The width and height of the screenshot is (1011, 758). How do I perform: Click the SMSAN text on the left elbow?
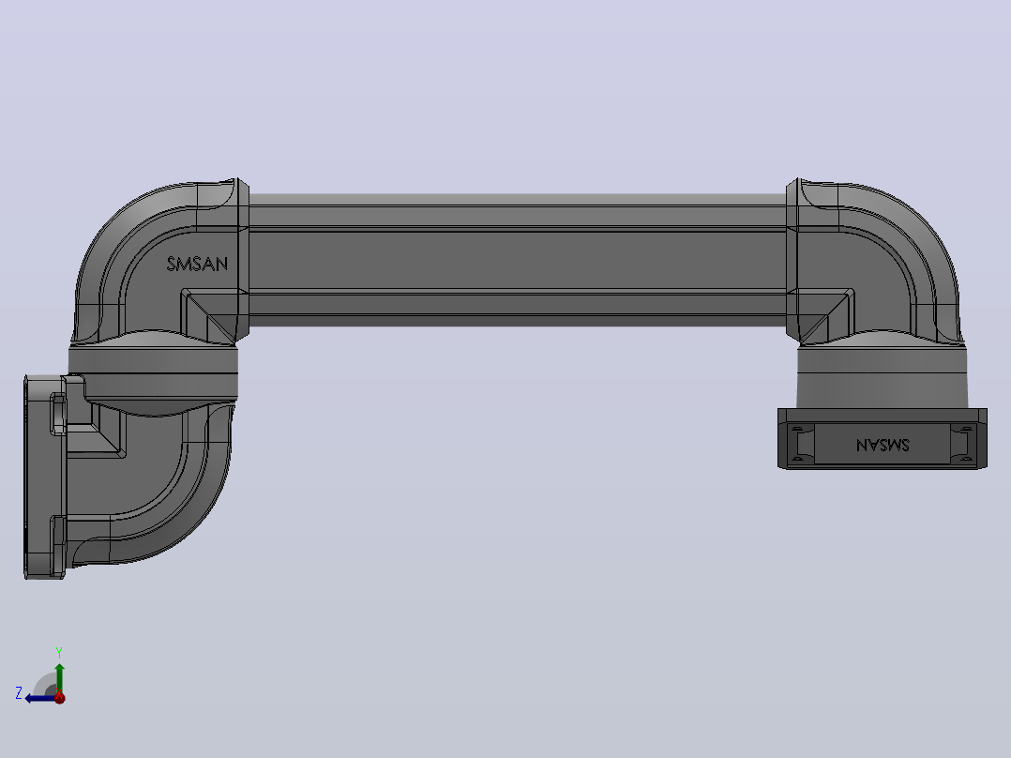[197, 264]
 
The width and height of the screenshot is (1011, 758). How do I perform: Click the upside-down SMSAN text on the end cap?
[883, 445]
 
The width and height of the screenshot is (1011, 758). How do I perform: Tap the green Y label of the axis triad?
[59, 652]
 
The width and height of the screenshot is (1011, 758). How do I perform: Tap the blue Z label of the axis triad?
[19, 693]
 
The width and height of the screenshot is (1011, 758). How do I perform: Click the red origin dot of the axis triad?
[59, 697]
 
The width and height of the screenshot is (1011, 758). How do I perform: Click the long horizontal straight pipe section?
[518, 260]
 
